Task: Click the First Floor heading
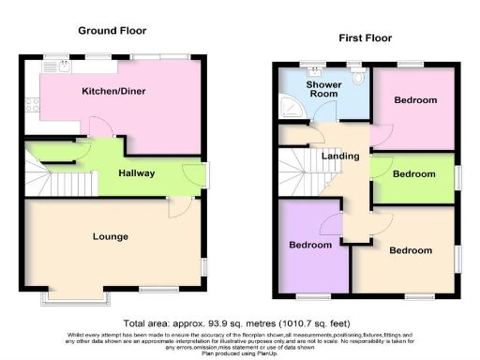365,38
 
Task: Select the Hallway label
136,173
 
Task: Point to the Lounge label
110,236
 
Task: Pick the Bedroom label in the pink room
414,100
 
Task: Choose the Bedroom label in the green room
414,174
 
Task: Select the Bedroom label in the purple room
310,245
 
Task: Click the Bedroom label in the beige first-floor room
411,250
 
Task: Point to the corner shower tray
287,110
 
